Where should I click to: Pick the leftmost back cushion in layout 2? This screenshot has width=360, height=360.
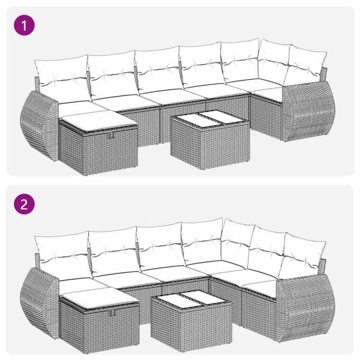pyautogui.click(x=61, y=251)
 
